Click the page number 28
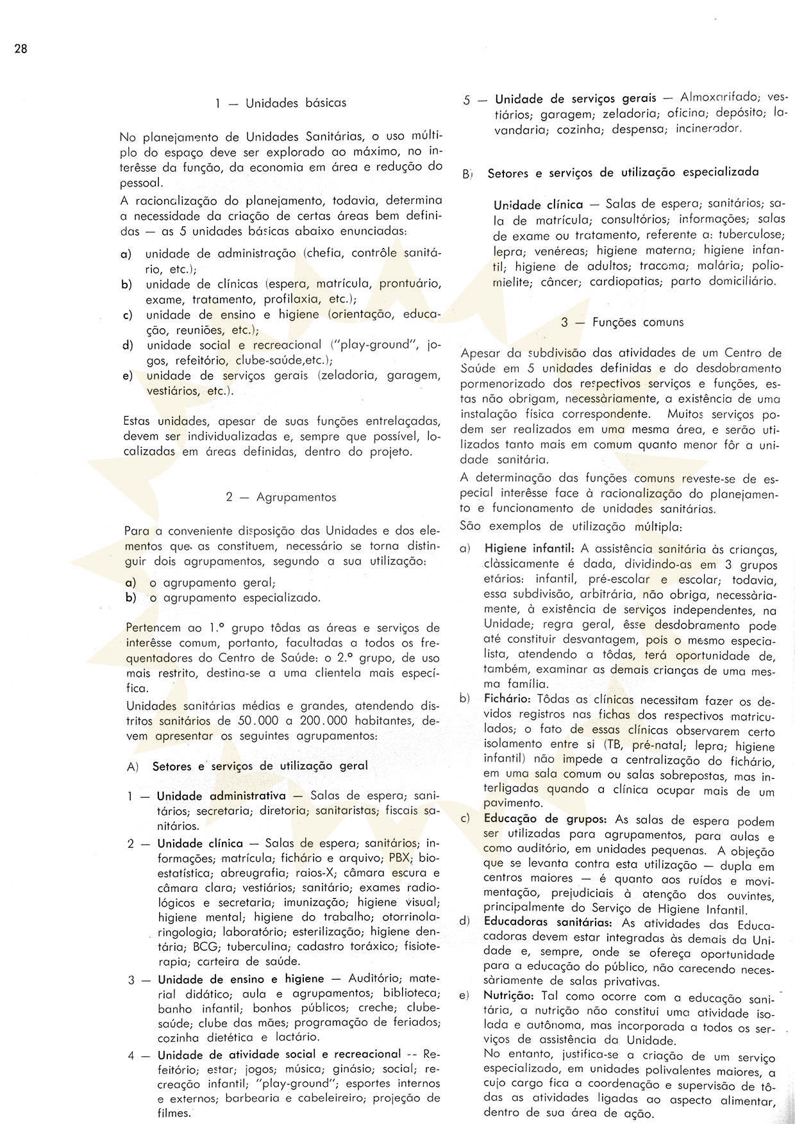point(21,50)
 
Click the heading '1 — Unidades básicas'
point(281,103)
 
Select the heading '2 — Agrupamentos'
point(281,497)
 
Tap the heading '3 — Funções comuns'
point(622,322)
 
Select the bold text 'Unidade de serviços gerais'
point(576,98)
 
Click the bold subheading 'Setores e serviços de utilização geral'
point(260,766)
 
